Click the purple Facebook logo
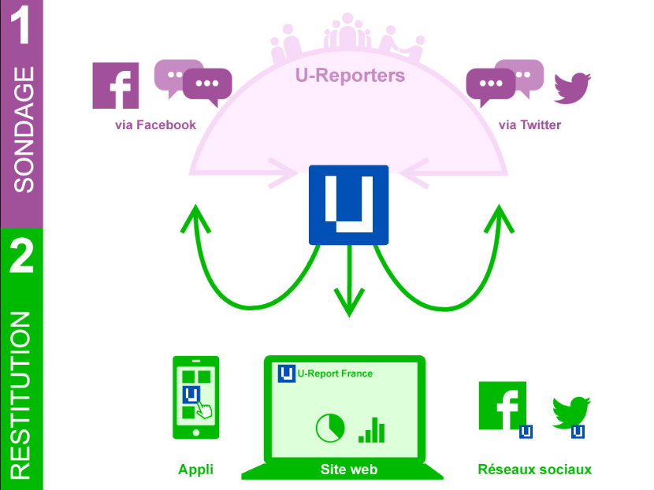(116, 86)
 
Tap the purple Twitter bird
(572, 88)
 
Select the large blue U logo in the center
(349, 205)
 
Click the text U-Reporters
(350, 76)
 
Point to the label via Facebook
(155, 124)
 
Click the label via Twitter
(530, 124)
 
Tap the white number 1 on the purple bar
(20, 24)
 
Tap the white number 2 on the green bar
(21, 255)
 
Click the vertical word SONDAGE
(24, 130)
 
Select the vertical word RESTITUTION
(20, 395)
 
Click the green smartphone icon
(196, 397)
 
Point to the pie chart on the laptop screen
(330, 428)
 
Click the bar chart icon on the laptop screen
(372, 430)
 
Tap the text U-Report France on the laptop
(335, 373)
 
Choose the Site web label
(349, 470)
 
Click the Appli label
(195, 470)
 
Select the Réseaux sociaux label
(535, 470)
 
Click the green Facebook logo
(503, 406)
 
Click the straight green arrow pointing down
(349, 280)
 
